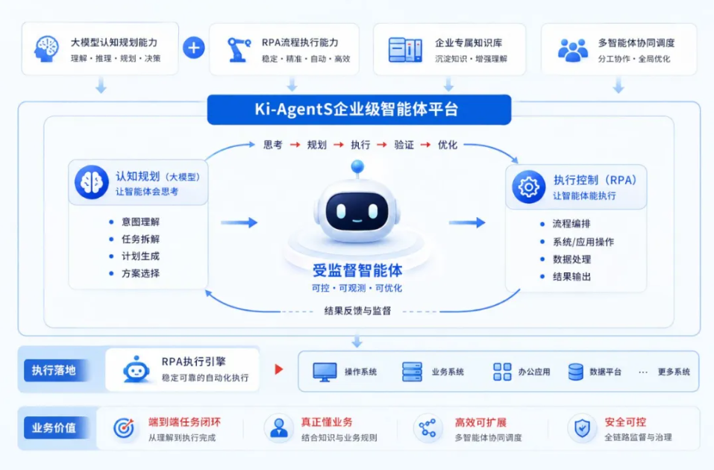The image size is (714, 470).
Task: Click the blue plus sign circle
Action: pyautogui.click(x=193, y=48)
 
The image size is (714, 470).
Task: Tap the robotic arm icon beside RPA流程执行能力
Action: pyautogui.click(x=238, y=49)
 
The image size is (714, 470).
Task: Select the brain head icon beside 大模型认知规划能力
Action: pyautogui.click(x=46, y=48)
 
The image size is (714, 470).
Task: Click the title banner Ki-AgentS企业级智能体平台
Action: pyautogui.click(x=359, y=110)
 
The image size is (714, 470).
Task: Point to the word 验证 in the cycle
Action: pyautogui.click(x=404, y=145)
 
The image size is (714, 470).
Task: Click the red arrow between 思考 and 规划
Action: pyautogui.click(x=295, y=145)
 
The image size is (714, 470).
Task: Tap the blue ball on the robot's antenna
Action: pyautogui.click(x=357, y=166)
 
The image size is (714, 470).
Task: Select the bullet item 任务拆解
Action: pyautogui.click(x=140, y=239)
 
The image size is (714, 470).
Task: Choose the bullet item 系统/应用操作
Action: pyautogui.click(x=583, y=242)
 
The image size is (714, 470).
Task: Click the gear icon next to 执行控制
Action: pyautogui.click(x=528, y=187)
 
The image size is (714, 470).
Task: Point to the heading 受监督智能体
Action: pyautogui.click(x=357, y=271)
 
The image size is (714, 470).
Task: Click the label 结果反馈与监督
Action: pyautogui.click(x=357, y=311)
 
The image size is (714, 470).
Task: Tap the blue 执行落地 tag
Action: pyautogui.click(x=54, y=370)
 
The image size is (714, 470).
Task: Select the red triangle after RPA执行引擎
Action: pyautogui.click(x=279, y=369)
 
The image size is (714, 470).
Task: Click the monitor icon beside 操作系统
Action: pyautogui.click(x=325, y=372)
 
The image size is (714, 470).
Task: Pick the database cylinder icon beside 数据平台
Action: pyautogui.click(x=575, y=372)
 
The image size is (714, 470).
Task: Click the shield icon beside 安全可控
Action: pyautogui.click(x=582, y=428)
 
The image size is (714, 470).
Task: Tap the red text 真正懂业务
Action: pyautogui.click(x=327, y=422)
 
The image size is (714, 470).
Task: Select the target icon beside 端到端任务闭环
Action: pyautogui.click(x=123, y=428)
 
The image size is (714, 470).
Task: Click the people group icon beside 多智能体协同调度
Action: pyautogui.click(x=572, y=50)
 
